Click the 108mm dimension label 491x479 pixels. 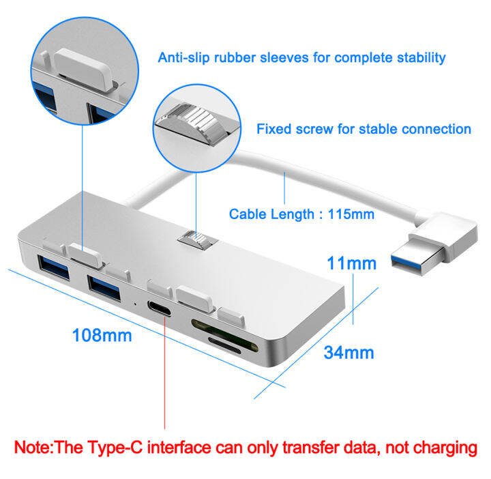102,335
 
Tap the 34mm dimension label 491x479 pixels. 349,352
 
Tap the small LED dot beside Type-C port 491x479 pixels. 136,300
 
